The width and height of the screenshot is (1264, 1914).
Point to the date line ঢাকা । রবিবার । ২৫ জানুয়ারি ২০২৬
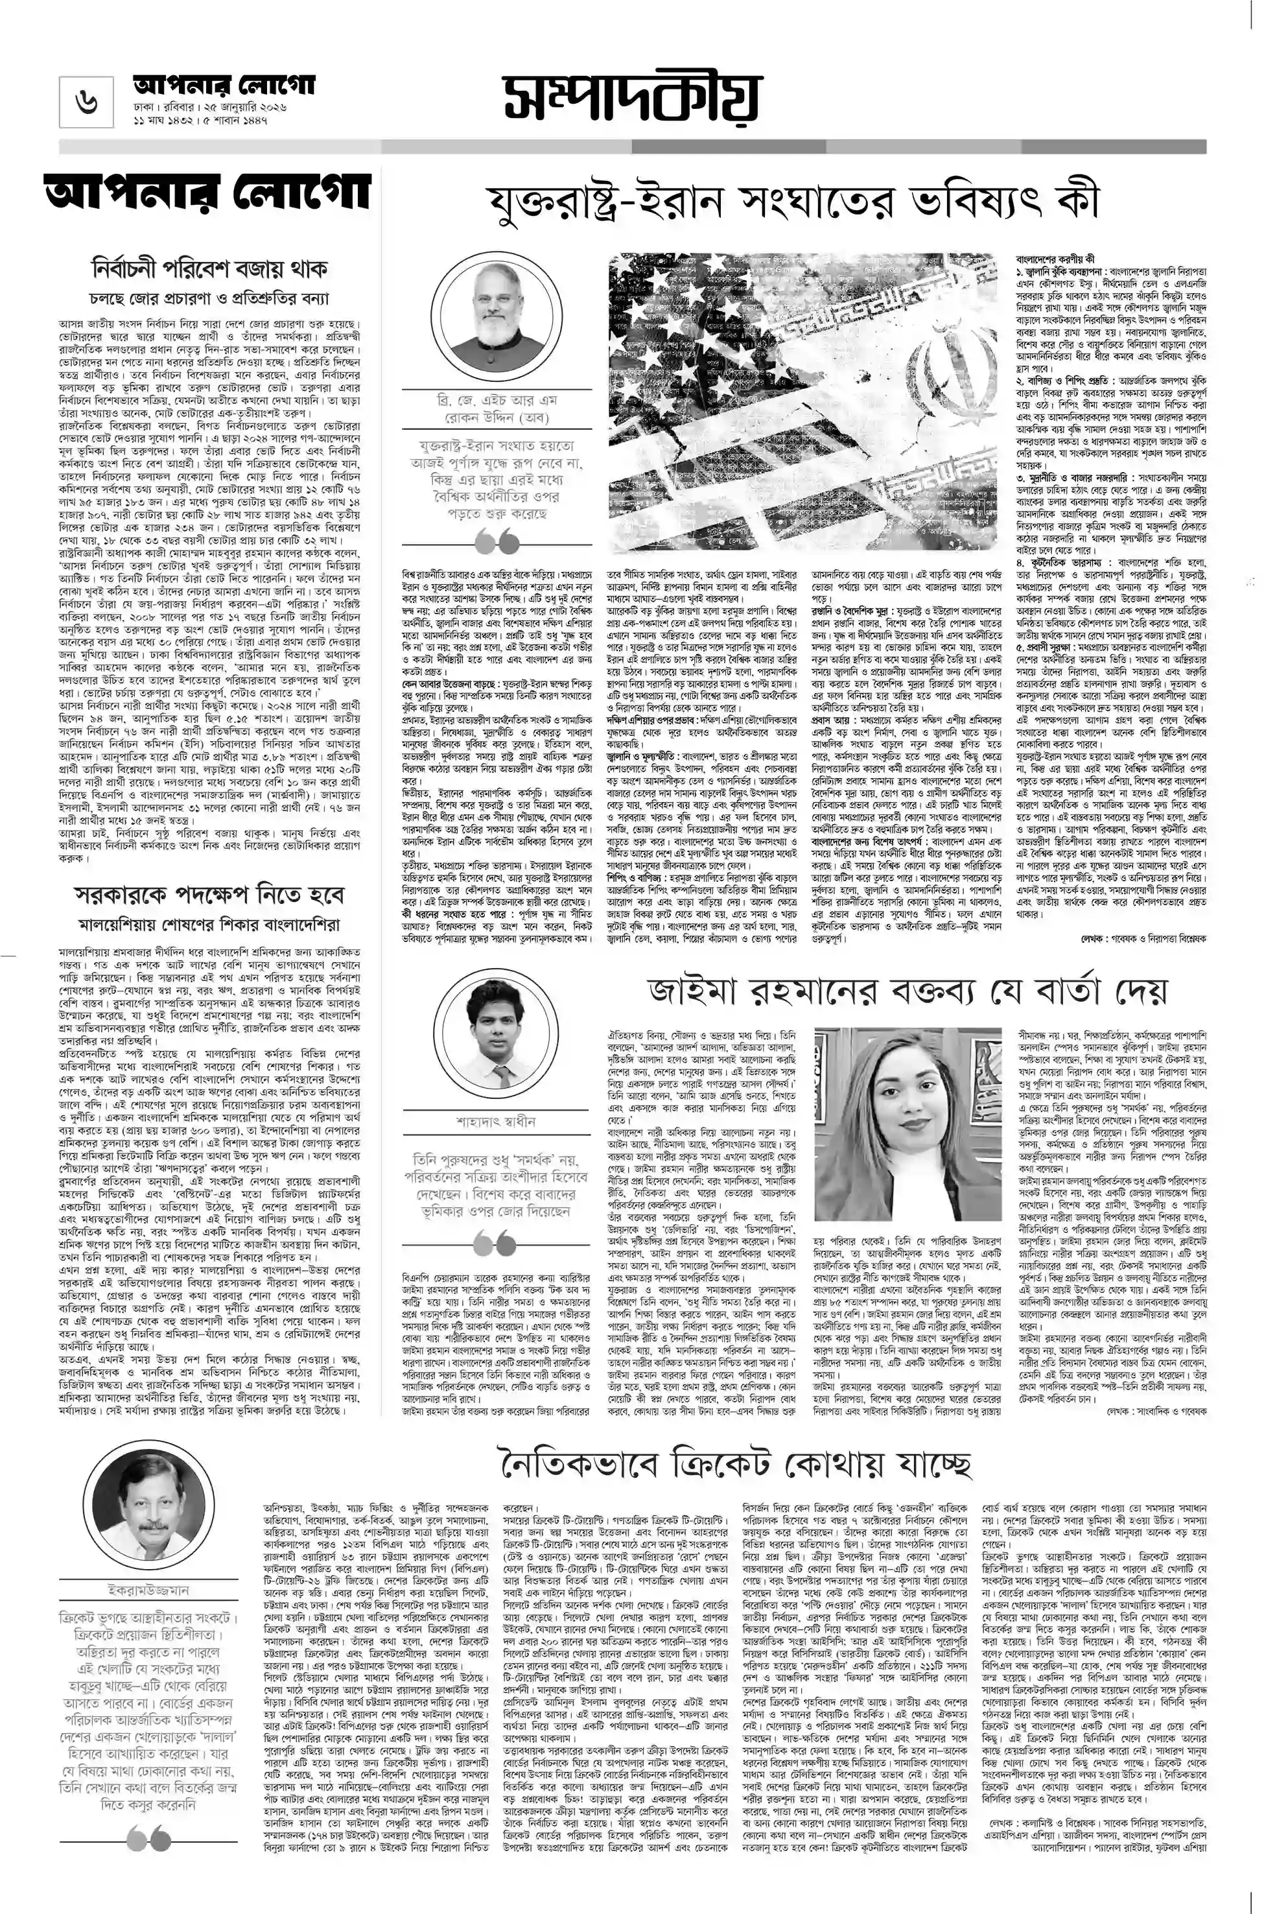(211, 106)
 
